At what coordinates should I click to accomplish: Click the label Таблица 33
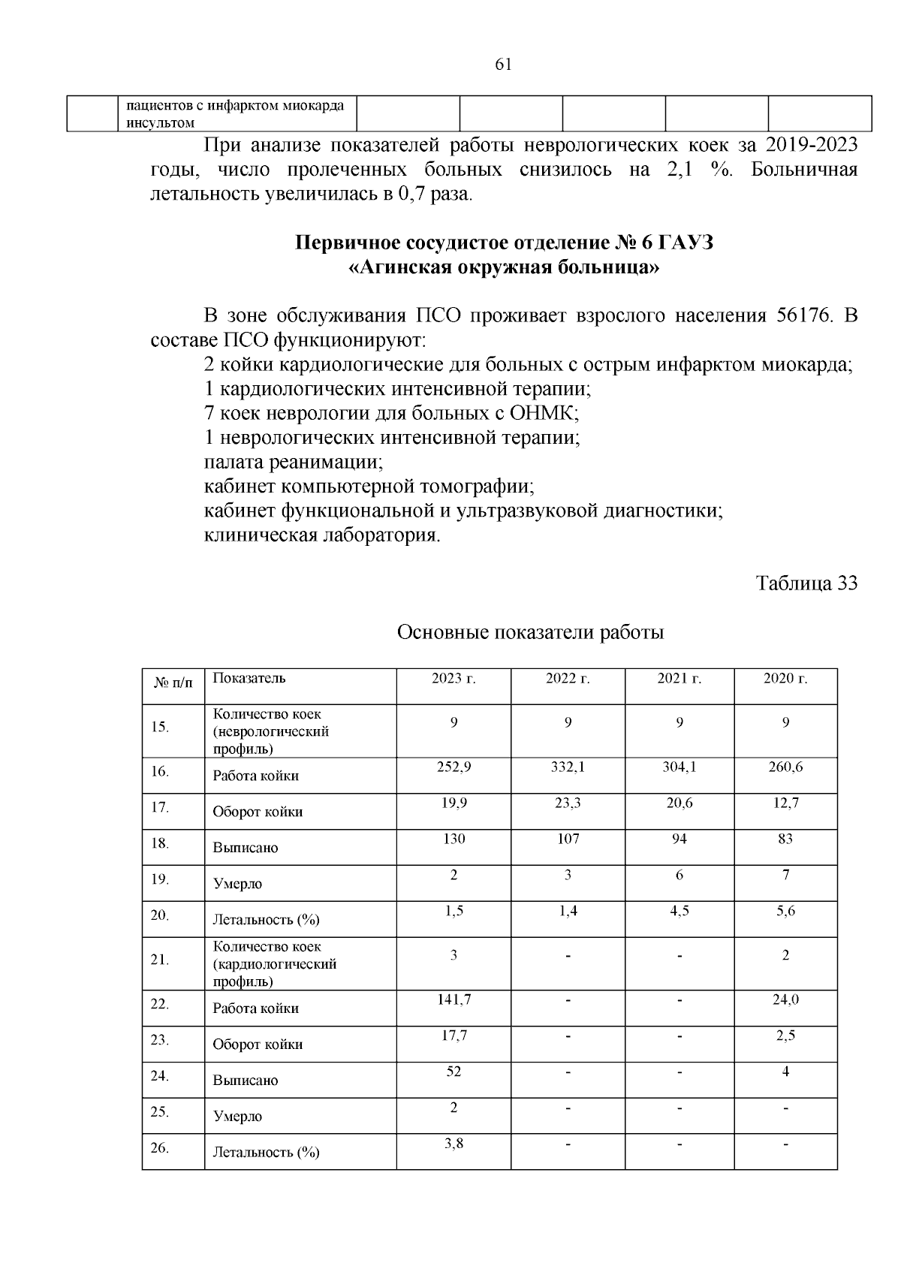click(x=806, y=583)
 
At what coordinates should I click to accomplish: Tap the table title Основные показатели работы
click(x=530, y=632)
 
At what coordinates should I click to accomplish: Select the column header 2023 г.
click(x=454, y=679)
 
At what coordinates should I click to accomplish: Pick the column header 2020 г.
click(x=785, y=679)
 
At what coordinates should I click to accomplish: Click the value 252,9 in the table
click(x=454, y=767)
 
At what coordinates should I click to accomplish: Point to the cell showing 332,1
click(x=568, y=767)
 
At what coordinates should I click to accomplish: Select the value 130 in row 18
click(x=454, y=839)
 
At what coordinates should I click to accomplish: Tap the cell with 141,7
click(x=454, y=999)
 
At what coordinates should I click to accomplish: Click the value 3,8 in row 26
click(x=454, y=1144)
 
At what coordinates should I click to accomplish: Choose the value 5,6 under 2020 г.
click(x=785, y=911)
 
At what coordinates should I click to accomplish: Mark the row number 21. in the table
click(x=159, y=960)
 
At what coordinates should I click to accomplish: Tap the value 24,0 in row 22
click(x=785, y=999)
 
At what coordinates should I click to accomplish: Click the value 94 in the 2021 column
click(x=679, y=839)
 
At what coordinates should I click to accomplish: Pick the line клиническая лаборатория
click(x=322, y=535)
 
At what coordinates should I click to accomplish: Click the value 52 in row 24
click(x=454, y=1072)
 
